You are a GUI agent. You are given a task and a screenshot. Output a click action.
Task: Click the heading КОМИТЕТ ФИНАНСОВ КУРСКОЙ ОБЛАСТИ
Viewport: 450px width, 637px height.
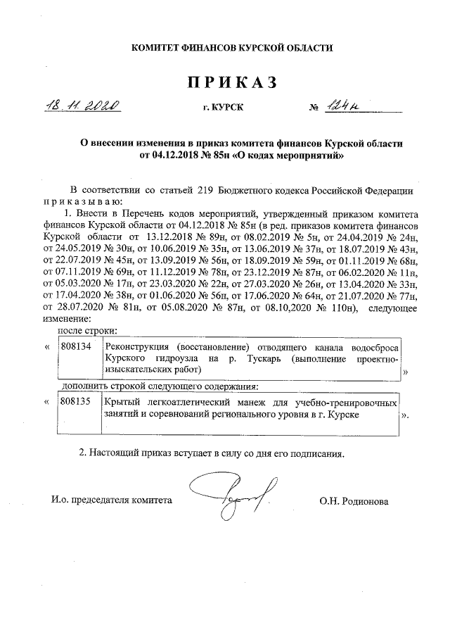point(233,48)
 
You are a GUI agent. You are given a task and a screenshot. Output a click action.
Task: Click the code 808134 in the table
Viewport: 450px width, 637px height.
point(75,347)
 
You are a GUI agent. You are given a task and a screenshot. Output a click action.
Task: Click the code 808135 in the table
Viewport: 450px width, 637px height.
point(75,403)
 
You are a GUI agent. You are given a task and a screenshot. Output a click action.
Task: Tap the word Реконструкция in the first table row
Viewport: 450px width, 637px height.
point(137,347)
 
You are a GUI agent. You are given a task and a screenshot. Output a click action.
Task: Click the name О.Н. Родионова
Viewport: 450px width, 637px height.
point(353,501)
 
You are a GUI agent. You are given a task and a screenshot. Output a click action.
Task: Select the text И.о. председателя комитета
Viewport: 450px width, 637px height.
point(111,501)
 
